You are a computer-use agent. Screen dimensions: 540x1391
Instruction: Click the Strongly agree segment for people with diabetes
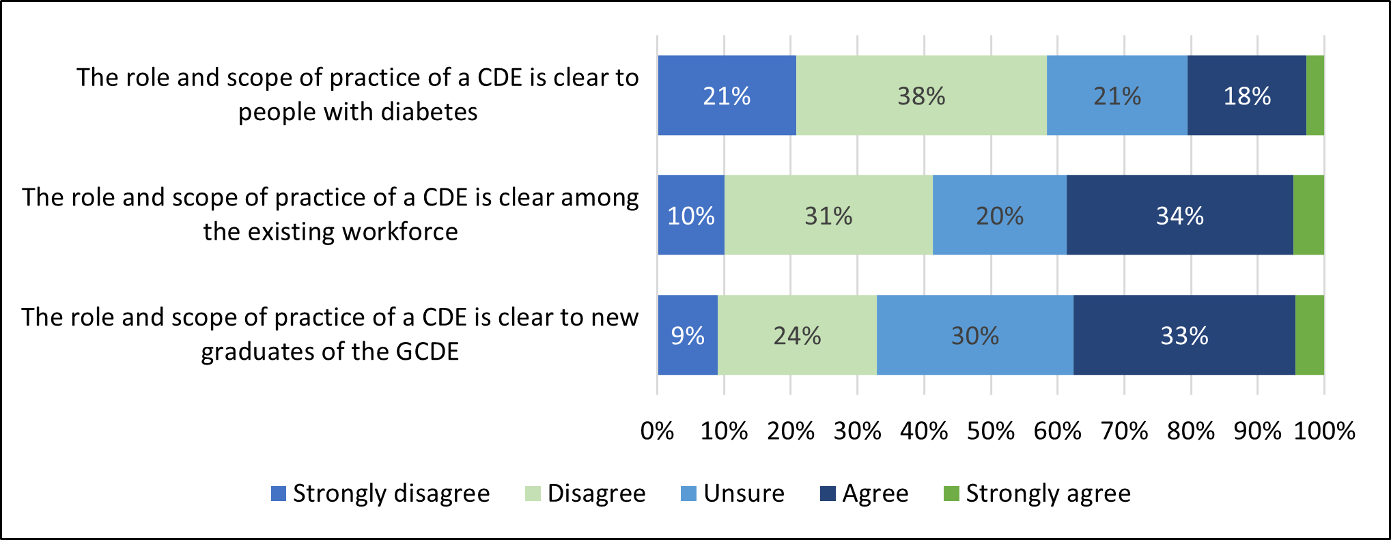[1315, 96]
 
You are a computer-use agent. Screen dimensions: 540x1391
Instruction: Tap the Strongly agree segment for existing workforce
[1308, 215]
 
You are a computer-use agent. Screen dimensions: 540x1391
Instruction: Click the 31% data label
[828, 216]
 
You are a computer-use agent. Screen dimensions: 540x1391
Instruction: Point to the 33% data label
[1184, 336]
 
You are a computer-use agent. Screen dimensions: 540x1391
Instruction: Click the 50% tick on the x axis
[990, 431]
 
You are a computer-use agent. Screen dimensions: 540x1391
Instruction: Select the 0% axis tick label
[657, 431]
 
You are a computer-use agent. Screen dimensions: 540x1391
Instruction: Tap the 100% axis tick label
[1324, 431]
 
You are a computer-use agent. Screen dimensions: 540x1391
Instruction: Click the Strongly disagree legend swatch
[279, 494]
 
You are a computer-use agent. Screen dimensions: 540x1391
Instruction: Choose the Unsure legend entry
[743, 494]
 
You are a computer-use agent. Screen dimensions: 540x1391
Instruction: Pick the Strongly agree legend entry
[1048, 494]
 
